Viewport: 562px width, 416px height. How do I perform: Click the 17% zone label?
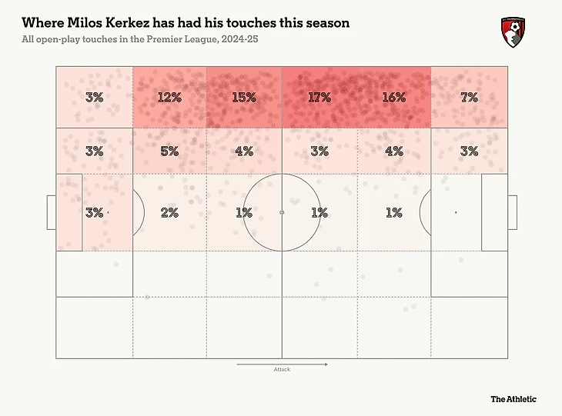coord(319,98)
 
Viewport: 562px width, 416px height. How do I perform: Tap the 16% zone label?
coord(393,98)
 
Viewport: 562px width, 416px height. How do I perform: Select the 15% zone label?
coord(244,98)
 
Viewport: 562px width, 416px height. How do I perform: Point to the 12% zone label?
coord(169,98)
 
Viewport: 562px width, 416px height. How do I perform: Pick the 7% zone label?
coord(469,98)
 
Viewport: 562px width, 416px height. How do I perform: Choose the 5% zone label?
coord(169,151)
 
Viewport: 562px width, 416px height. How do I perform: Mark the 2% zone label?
coord(169,213)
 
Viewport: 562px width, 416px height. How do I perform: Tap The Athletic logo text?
coord(513,399)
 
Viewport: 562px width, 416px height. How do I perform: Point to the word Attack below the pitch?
coord(282,370)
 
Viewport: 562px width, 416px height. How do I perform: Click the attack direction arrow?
coord(282,363)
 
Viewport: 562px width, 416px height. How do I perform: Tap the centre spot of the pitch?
coord(282,212)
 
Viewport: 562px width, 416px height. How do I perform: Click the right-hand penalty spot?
coord(456,212)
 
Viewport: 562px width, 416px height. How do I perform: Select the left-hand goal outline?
coord(51,212)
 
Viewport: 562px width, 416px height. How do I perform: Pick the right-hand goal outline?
coord(513,212)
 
